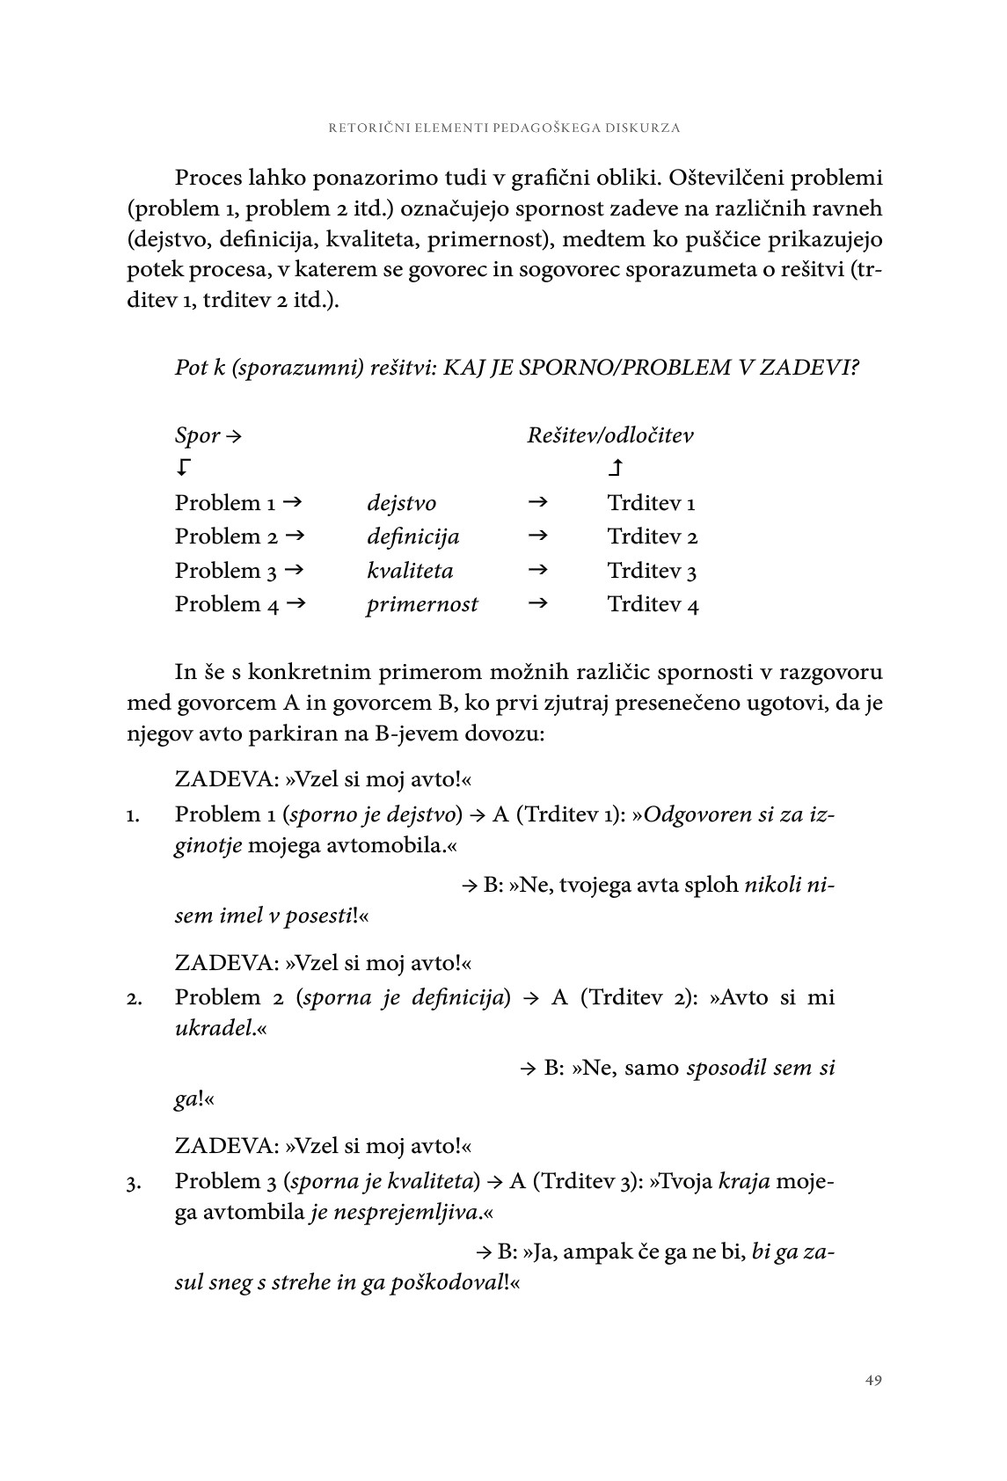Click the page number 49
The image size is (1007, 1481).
(x=872, y=1380)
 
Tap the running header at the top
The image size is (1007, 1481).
(x=504, y=128)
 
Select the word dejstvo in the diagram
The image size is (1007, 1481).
(x=401, y=503)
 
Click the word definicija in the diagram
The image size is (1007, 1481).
(x=412, y=536)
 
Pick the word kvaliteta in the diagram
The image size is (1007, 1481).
(x=410, y=571)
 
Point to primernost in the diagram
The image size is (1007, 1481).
(x=422, y=604)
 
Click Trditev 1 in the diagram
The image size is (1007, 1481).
(x=651, y=503)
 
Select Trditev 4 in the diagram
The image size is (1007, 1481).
(x=653, y=605)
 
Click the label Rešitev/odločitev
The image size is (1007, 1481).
(x=609, y=435)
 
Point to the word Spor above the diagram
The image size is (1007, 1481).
(x=197, y=435)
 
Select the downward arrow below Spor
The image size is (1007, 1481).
(x=183, y=468)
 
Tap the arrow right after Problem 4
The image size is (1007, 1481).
(x=295, y=603)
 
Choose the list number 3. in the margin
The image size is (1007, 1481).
(x=134, y=1184)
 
